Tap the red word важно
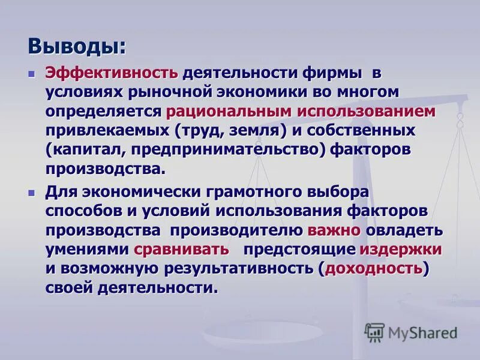point(334,230)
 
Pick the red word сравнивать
point(181,249)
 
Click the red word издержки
point(400,249)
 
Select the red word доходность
point(373,268)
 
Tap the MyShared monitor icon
point(374,332)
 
